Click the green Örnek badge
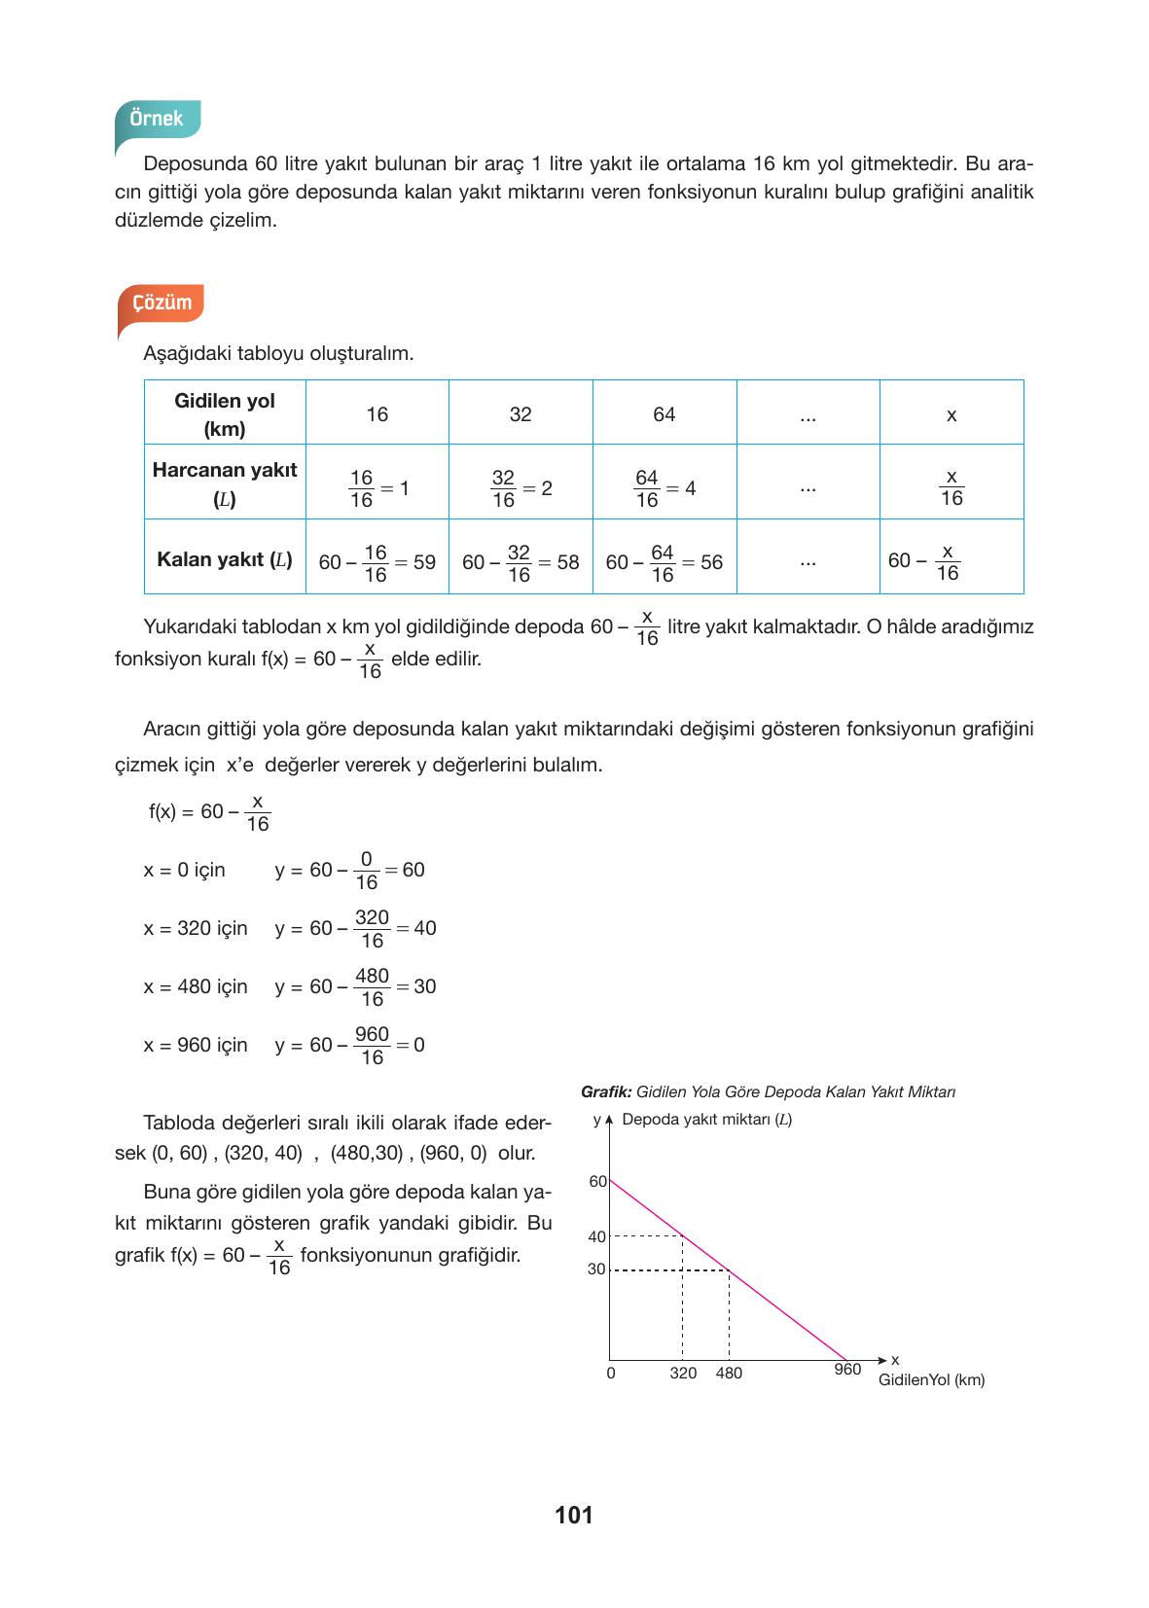tap(157, 119)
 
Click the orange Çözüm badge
tap(162, 303)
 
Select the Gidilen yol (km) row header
tap(225, 414)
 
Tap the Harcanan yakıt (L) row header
tap(225, 483)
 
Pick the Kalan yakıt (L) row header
tap(225, 559)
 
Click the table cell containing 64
tap(664, 414)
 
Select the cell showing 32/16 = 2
tap(521, 488)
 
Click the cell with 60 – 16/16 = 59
tap(377, 562)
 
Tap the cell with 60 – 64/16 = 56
tap(664, 562)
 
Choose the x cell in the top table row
tap(951, 415)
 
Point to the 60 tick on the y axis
tap(597, 1181)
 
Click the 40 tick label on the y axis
tap(596, 1236)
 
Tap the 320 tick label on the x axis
tap(683, 1373)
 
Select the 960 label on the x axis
tap(847, 1370)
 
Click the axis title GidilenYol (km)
tap(931, 1379)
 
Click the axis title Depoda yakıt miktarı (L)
tap(706, 1119)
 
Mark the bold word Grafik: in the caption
tap(606, 1091)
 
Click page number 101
tap(573, 1515)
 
